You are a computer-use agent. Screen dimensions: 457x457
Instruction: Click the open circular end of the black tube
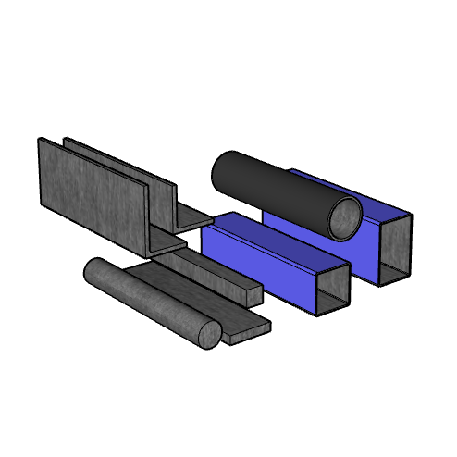pyautogui.click(x=346, y=217)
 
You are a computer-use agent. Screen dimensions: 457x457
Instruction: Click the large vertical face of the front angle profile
pyautogui.click(x=93, y=199)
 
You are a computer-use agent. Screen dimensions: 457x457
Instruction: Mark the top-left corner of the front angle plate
pyautogui.click(x=39, y=140)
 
